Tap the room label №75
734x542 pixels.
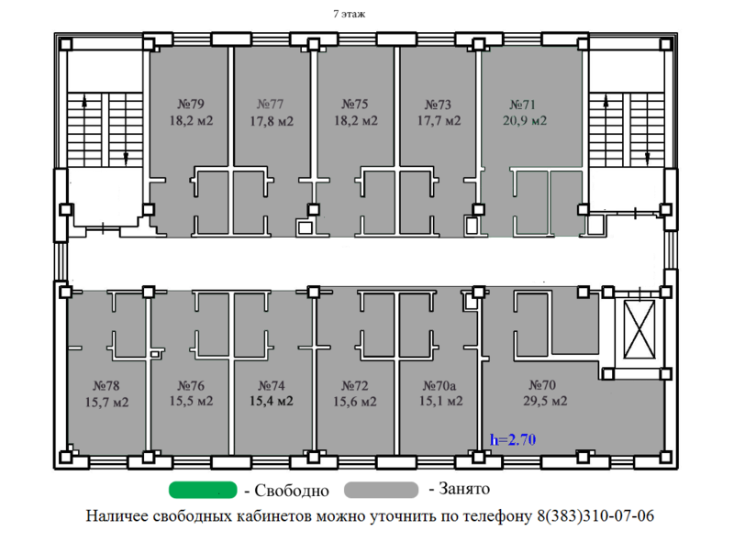354,104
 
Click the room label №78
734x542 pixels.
106,385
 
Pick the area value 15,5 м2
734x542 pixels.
191,401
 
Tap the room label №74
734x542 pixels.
272,385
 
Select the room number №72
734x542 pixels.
354,385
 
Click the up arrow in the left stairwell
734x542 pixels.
85,105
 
